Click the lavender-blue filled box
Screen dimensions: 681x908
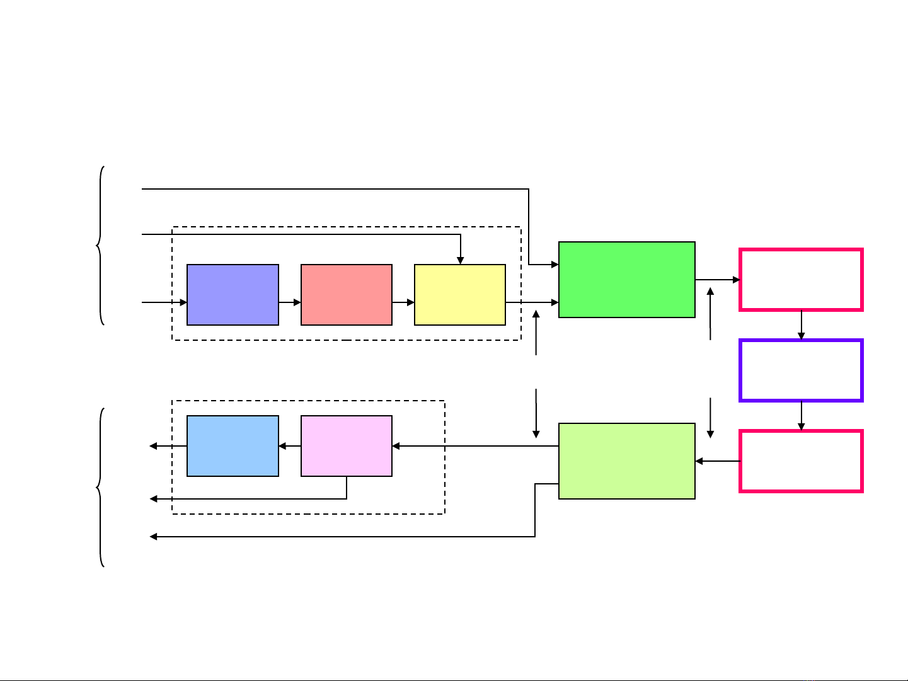(x=233, y=295)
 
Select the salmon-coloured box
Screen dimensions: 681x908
(x=347, y=295)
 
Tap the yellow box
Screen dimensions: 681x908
(x=460, y=295)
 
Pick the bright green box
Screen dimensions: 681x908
(x=627, y=280)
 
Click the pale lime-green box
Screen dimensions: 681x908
(x=627, y=461)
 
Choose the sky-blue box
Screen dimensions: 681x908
(x=233, y=446)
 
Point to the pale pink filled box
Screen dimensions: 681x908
(x=347, y=446)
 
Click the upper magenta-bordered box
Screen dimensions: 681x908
(x=801, y=280)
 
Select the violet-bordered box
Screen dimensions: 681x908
(x=801, y=370)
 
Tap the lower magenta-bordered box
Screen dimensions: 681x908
(x=801, y=461)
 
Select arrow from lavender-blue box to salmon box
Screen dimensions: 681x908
(x=290, y=302)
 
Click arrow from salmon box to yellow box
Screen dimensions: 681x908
(x=403, y=302)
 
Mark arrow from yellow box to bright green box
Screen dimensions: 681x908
(x=532, y=302)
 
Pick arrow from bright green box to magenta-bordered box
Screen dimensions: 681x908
(x=717, y=280)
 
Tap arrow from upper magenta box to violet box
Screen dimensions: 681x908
(x=802, y=325)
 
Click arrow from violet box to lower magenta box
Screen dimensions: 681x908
(x=802, y=416)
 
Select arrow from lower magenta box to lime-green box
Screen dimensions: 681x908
(x=717, y=461)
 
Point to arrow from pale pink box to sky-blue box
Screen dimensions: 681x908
(x=290, y=446)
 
